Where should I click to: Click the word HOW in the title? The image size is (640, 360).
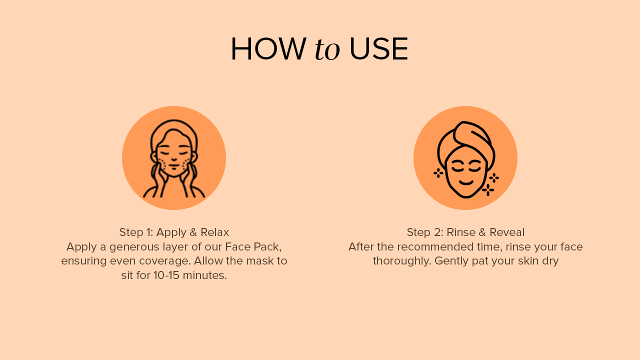tap(268, 49)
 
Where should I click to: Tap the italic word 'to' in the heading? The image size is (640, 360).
tap(327, 49)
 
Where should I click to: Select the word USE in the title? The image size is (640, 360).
tap(378, 49)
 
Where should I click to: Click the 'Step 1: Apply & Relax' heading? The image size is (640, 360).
tap(174, 232)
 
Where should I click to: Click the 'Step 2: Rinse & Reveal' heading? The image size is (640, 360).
tap(465, 232)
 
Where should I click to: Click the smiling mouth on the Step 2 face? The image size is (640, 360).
tap(466, 182)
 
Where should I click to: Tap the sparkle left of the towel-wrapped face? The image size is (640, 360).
tap(438, 173)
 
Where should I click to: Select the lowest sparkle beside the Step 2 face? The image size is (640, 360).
tap(488, 189)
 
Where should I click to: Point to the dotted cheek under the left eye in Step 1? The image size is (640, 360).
tap(161, 163)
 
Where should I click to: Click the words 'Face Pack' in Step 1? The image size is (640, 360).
tap(252, 247)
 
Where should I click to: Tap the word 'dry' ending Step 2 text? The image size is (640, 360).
tap(550, 261)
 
